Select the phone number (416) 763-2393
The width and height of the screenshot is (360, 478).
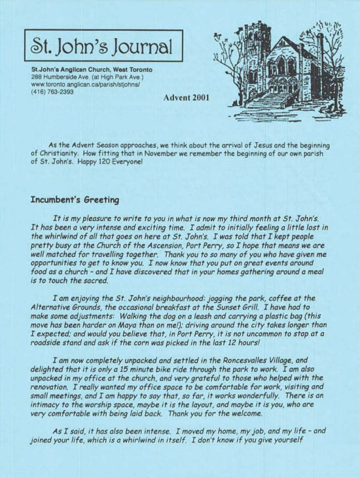[x=52, y=92]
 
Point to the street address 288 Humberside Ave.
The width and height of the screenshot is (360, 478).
[x=61, y=77]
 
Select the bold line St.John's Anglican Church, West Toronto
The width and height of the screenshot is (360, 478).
[x=92, y=69]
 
